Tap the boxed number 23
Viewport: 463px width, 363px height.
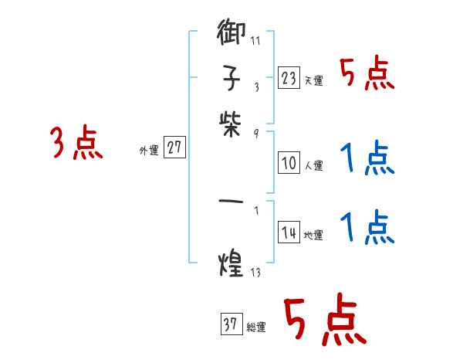288,78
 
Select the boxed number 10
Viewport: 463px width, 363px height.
288,163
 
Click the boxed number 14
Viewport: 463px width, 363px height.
288,233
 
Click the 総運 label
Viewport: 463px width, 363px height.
256,327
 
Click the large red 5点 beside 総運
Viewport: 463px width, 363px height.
324,321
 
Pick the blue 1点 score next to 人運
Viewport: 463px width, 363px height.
367,159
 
